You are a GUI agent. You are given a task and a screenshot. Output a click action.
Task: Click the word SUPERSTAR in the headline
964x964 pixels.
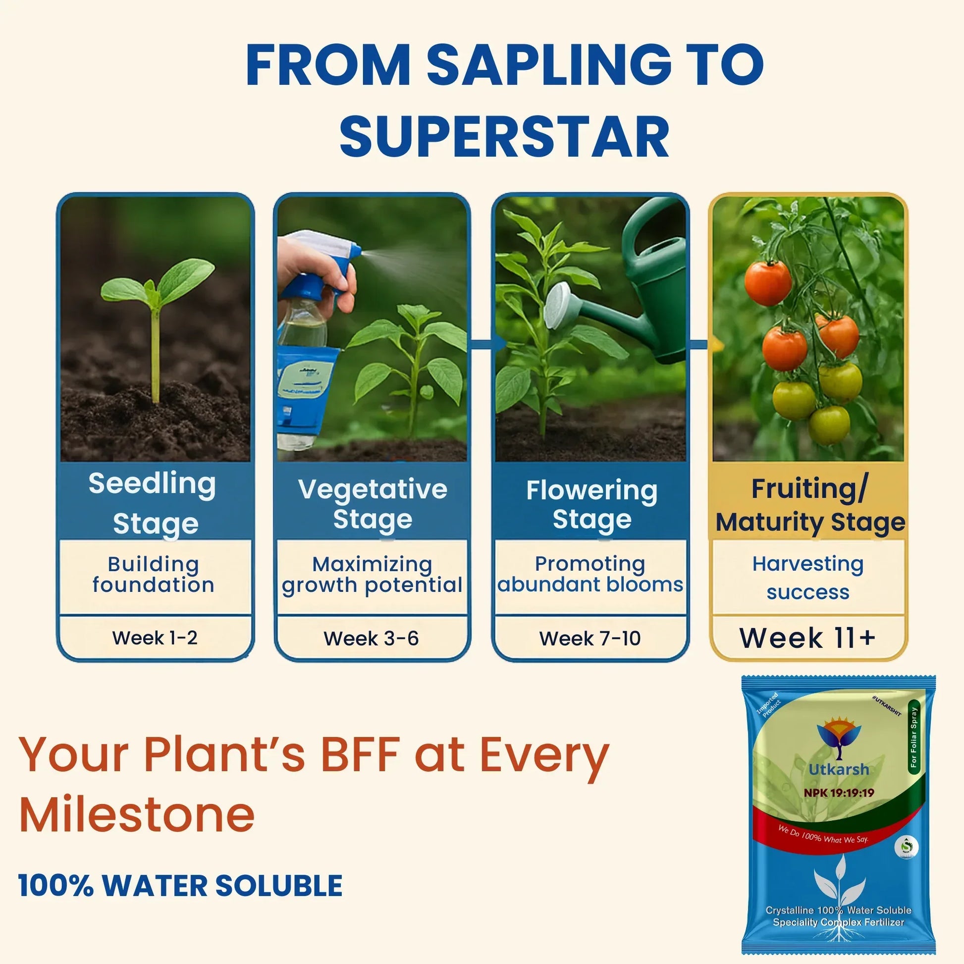click(x=504, y=137)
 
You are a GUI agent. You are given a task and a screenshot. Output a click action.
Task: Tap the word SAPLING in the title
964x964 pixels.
click(x=549, y=66)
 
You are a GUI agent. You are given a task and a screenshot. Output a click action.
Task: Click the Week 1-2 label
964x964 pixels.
click(x=155, y=638)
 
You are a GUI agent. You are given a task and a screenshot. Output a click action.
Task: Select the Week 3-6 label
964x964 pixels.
click(x=371, y=638)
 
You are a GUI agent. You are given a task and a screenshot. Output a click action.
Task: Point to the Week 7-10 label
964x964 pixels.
click(x=590, y=638)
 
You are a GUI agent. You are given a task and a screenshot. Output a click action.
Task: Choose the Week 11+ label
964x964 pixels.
click(x=807, y=638)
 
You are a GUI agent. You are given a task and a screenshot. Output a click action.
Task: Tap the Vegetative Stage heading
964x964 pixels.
click(x=372, y=504)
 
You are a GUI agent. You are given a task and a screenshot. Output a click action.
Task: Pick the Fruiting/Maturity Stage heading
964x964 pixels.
click(x=809, y=505)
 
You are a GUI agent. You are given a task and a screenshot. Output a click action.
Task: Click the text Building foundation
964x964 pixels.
click(x=154, y=574)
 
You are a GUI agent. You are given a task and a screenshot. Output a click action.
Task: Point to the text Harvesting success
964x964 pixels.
click(x=808, y=578)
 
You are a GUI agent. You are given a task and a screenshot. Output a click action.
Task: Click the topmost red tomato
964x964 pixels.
click(x=767, y=282)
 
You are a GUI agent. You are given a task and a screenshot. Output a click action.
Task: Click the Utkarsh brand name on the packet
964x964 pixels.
click(x=839, y=769)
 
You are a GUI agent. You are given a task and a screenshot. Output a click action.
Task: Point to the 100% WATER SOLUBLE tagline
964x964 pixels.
click(x=180, y=886)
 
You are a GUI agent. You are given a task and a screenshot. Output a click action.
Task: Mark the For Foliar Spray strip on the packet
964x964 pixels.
click(x=913, y=738)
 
